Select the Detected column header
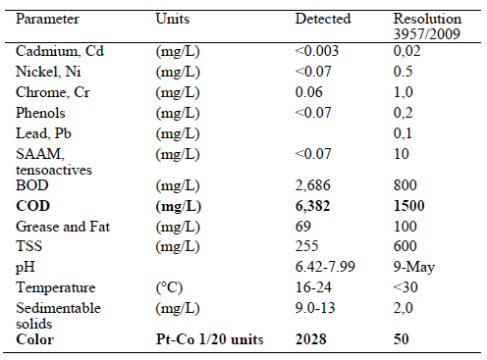(x=319, y=19)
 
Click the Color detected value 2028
(x=311, y=338)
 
